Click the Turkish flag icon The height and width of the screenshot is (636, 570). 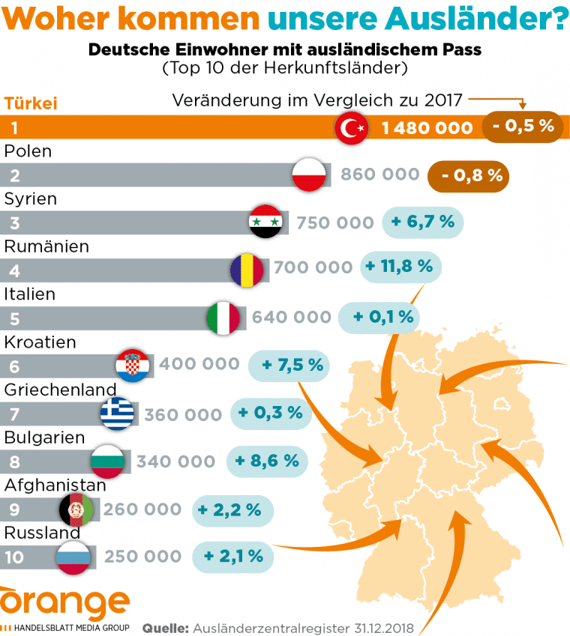tap(350, 129)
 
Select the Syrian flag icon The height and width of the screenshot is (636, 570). tap(265, 222)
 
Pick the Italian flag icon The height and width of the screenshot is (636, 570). tap(223, 318)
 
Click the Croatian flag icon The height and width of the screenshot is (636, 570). tap(133, 365)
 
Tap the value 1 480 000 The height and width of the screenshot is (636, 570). tap(427, 129)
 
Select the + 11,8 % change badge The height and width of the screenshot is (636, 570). tap(401, 266)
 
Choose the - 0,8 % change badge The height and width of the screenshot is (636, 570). tap(469, 177)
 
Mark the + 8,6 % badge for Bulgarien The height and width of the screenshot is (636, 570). tap(267, 461)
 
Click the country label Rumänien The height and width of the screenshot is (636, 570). tap(46, 246)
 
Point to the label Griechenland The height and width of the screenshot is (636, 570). tap(60, 390)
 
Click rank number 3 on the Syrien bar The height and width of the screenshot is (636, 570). tap(14, 222)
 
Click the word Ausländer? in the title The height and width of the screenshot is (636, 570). tap(492, 19)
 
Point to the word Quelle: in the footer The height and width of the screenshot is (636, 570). tap(165, 627)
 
